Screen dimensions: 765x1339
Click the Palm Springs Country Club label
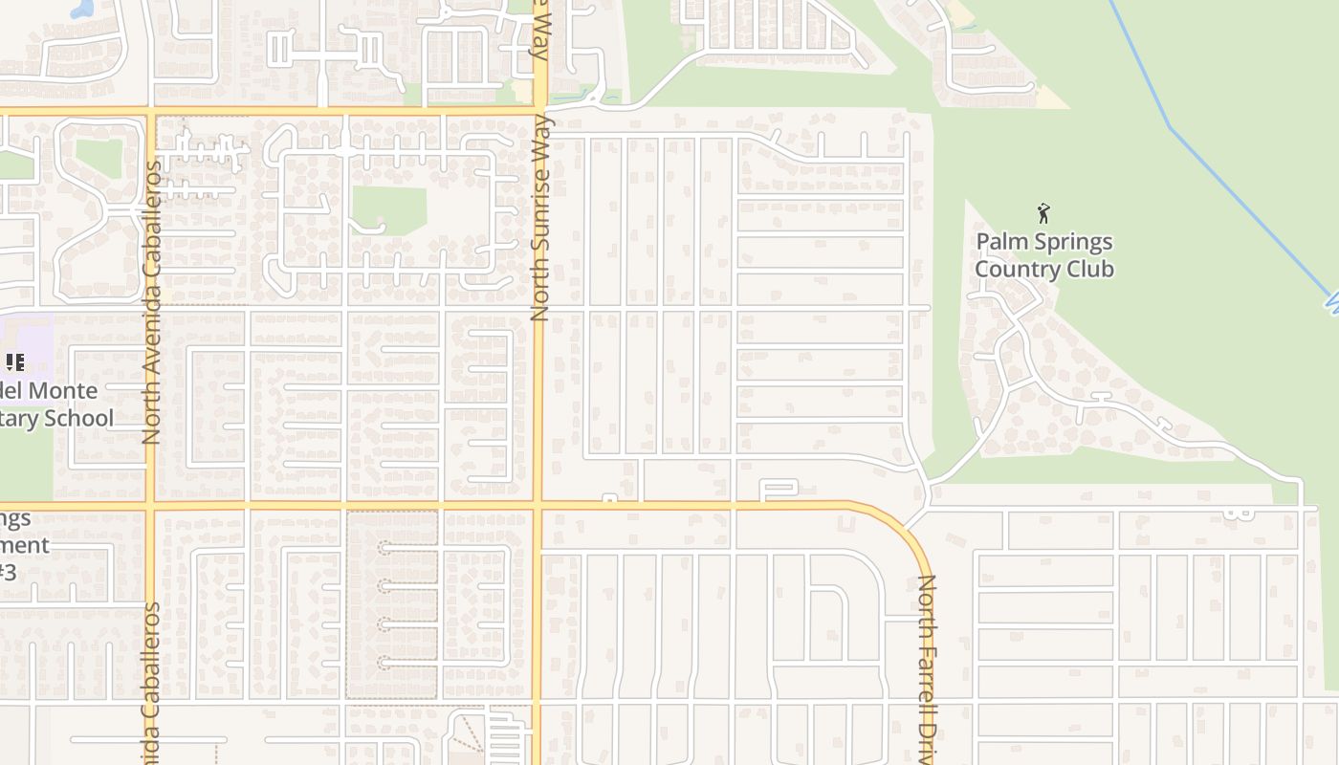(x=1044, y=255)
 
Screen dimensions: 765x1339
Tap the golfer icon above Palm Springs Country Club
(x=1043, y=213)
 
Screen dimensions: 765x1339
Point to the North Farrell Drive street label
(x=926, y=669)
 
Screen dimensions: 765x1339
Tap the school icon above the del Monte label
(x=14, y=362)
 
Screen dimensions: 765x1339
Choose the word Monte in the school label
(x=63, y=391)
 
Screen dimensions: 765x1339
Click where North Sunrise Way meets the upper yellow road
(x=540, y=112)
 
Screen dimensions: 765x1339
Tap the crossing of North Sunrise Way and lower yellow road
(x=538, y=503)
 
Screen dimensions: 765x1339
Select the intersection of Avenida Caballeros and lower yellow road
(x=151, y=503)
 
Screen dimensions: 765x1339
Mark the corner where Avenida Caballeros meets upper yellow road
(x=151, y=113)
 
